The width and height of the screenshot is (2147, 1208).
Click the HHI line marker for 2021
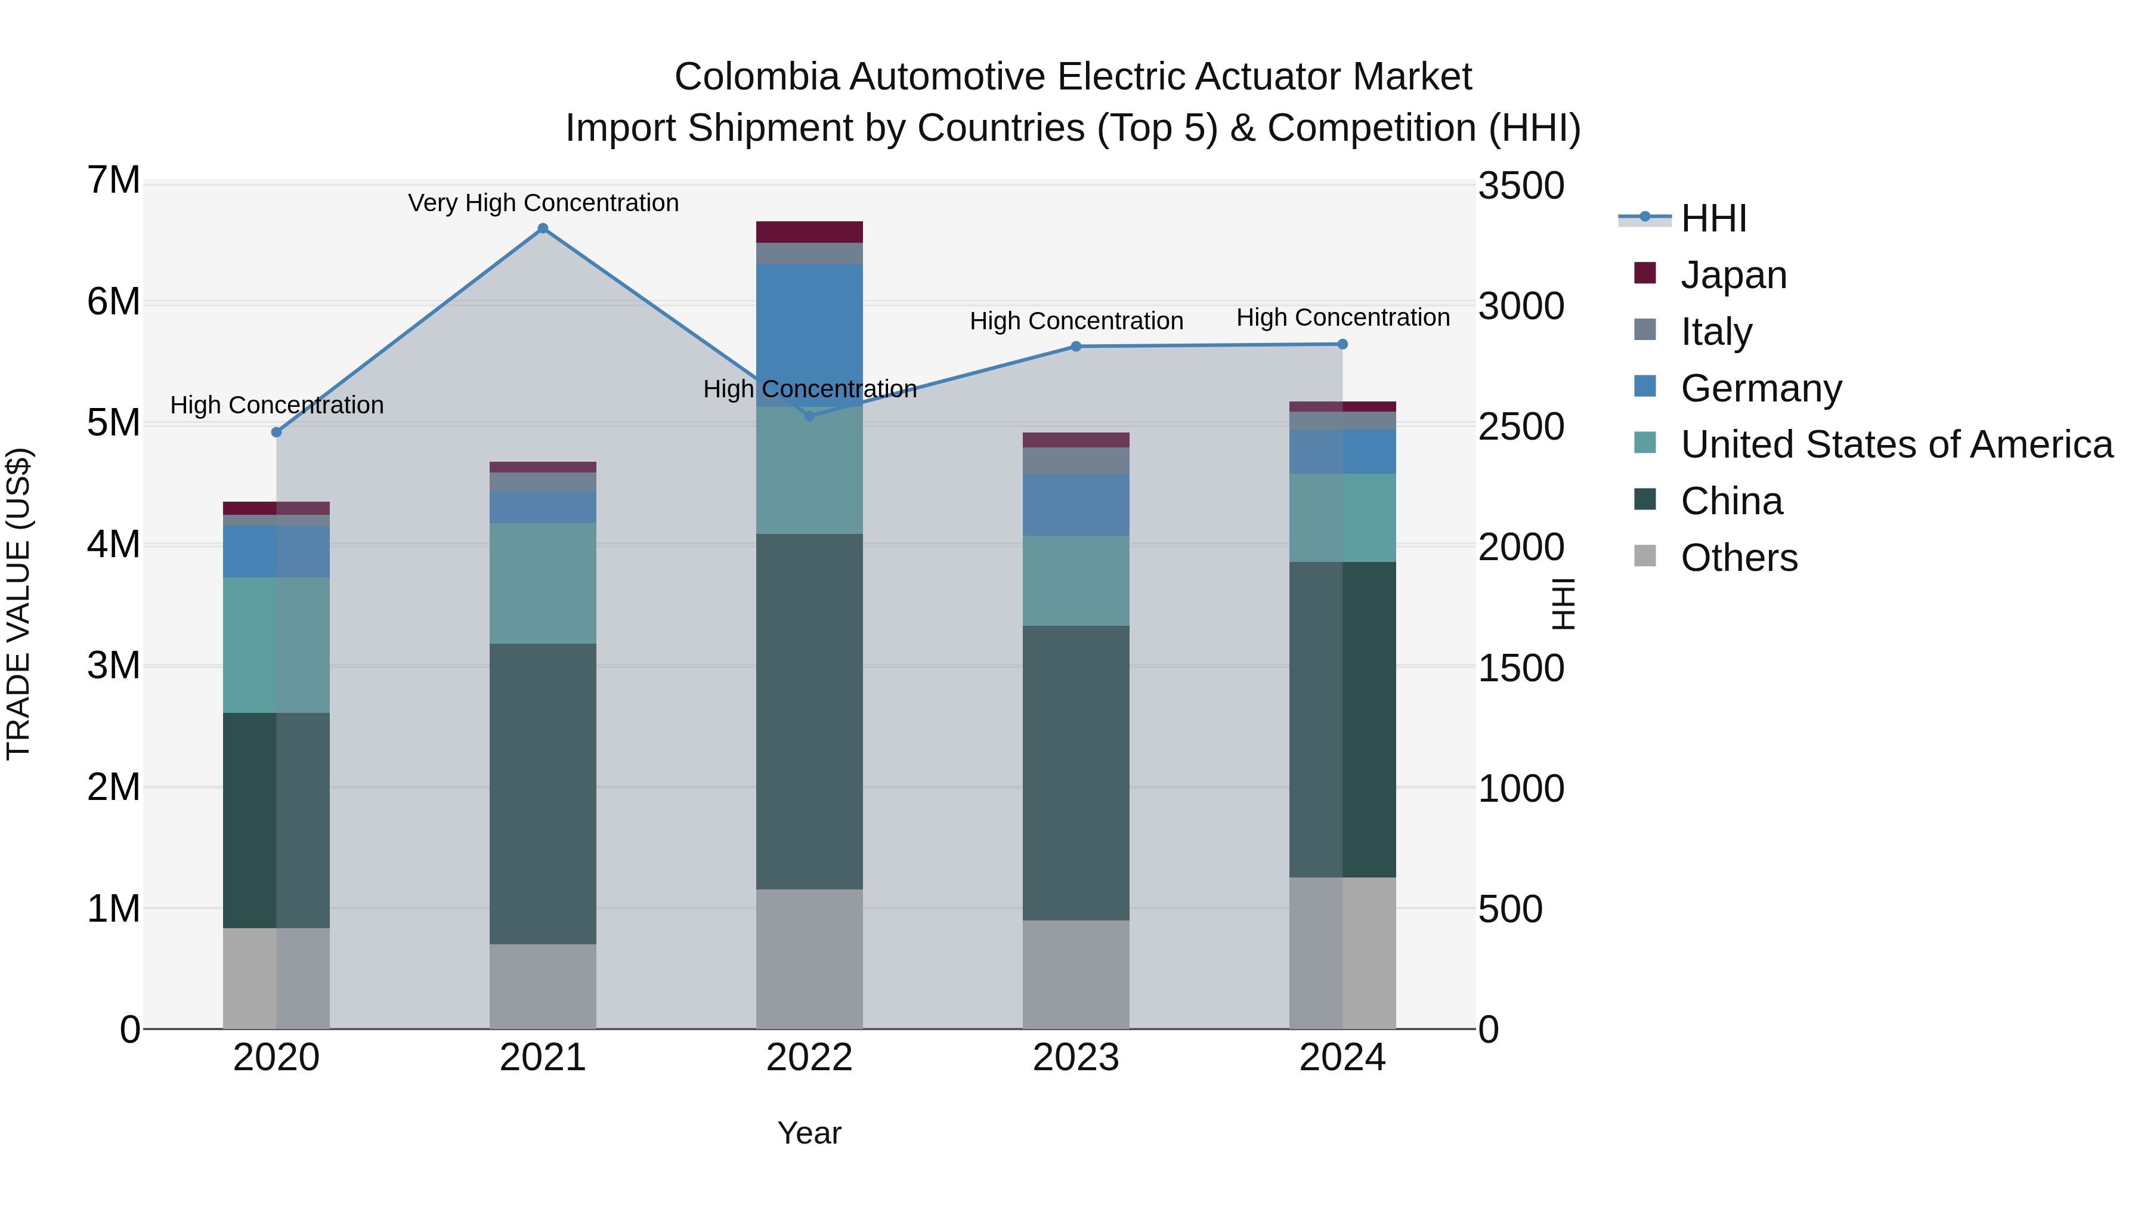point(543,228)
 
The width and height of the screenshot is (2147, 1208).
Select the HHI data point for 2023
point(1075,346)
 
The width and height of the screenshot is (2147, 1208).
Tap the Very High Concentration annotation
point(543,203)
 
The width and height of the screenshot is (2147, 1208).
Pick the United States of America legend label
point(1896,444)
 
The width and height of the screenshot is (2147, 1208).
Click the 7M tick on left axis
point(113,180)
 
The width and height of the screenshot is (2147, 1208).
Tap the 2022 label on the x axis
point(809,1058)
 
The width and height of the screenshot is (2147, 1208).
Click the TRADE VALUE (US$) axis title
point(18,604)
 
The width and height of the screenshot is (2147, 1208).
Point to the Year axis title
point(809,1133)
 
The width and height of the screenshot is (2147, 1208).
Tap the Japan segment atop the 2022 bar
point(809,232)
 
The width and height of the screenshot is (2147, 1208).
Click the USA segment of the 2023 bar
point(1075,580)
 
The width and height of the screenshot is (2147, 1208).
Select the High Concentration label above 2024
point(1342,317)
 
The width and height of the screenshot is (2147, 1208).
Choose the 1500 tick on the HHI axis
point(1520,669)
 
